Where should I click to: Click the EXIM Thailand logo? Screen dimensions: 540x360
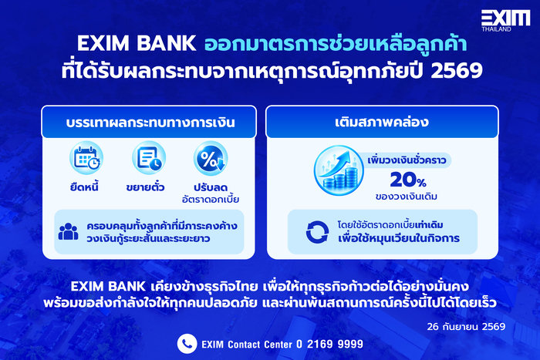[x=505, y=20]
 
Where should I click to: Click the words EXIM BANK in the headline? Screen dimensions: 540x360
[x=137, y=44]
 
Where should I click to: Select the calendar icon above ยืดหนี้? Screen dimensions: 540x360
[x=86, y=158]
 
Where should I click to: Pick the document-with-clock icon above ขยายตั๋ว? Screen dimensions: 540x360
[x=149, y=158]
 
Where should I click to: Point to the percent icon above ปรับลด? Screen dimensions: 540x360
[x=211, y=158]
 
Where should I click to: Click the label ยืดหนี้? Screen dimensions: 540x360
[x=84, y=187]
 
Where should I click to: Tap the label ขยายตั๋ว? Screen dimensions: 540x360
[x=145, y=187]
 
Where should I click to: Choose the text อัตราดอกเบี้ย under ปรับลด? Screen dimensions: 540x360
[x=211, y=200]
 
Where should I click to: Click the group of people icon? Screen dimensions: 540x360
[x=68, y=231]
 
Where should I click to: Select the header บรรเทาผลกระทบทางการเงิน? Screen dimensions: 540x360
[x=150, y=123]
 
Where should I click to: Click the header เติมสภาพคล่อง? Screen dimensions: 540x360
[x=382, y=122]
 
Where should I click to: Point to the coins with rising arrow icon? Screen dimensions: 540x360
[x=339, y=170]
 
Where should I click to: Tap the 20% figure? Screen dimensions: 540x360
[x=408, y=180]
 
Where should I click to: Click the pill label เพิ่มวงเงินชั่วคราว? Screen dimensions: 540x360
[x=407, y=160]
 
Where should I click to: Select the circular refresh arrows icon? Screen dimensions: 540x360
[x=317, y=232]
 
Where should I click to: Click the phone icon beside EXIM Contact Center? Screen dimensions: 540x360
[x=187, y=344]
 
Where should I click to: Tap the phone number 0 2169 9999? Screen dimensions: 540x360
[x=329, y=344]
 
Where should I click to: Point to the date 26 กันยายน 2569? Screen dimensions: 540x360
[x=466, y=327]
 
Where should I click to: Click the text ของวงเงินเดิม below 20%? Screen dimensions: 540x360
[x=407, y=197]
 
